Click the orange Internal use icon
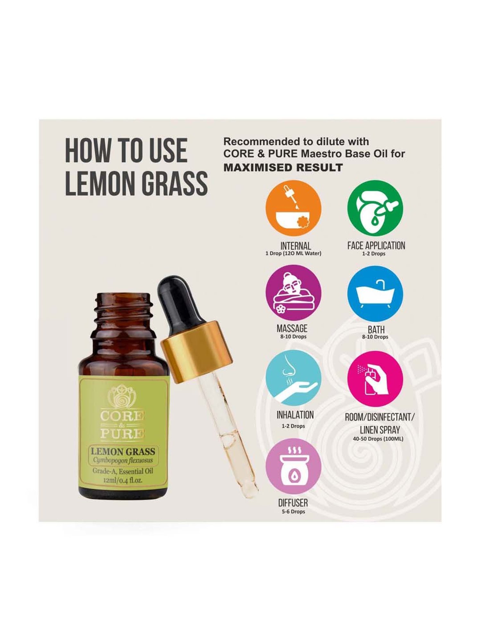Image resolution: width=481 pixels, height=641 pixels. (x=293, y=208)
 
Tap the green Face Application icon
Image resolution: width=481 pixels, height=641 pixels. (x=375, y=208)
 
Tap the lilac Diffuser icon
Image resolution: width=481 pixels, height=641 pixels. (x=293, y=466)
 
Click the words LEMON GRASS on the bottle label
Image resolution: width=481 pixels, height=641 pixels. (x=123, y=452)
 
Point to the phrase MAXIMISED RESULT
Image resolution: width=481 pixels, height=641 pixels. (x=283, y=167)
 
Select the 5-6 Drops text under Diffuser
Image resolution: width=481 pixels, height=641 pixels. (x=293, y=512)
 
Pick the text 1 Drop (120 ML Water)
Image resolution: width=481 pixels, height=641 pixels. (x=293, y=253)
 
